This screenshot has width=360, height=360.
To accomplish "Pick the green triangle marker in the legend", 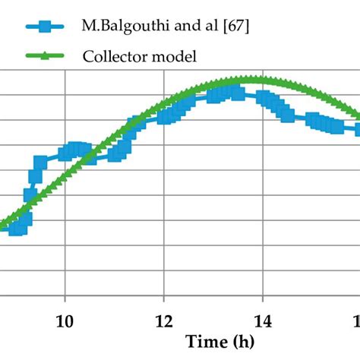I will pyautogui.click(x=45, y=55).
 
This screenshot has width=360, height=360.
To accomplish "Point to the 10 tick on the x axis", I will pyautogui.click(x=65, y=319).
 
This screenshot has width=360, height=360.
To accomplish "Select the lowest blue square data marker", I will pyautogui.click(x=15, y=228).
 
